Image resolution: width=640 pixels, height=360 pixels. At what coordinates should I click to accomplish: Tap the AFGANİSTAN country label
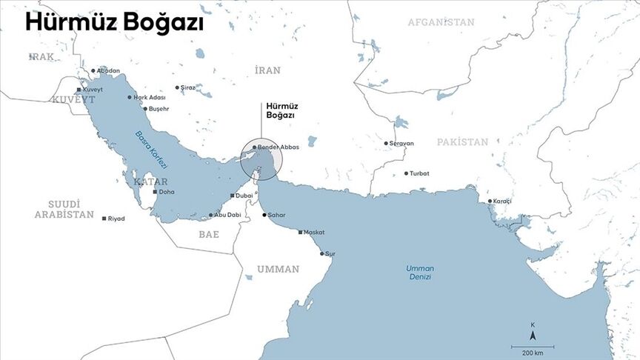tap(441, 22)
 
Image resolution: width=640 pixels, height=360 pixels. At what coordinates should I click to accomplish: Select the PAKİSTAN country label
tap(462, 141)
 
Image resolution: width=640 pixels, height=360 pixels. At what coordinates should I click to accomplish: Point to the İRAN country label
tap(267, 70)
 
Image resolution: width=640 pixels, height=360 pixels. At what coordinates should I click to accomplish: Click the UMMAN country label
tap(278, 269)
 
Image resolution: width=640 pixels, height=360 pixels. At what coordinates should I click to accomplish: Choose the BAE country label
tap(209, 234)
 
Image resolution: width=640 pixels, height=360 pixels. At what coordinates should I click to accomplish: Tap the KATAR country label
tap(150, 181)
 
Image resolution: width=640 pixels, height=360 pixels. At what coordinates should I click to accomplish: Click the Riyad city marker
tap(104, 219)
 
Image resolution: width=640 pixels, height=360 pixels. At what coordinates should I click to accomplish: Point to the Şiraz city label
tap(188, 87)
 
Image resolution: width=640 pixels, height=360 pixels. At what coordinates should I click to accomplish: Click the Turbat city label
tap(419, 173)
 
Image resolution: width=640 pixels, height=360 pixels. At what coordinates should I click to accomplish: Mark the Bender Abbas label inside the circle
tap(278, 147)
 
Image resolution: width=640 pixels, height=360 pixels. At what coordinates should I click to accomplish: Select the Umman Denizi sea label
tap(419, 272)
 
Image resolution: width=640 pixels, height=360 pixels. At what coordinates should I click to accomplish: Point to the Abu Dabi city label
tap(227, 215)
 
